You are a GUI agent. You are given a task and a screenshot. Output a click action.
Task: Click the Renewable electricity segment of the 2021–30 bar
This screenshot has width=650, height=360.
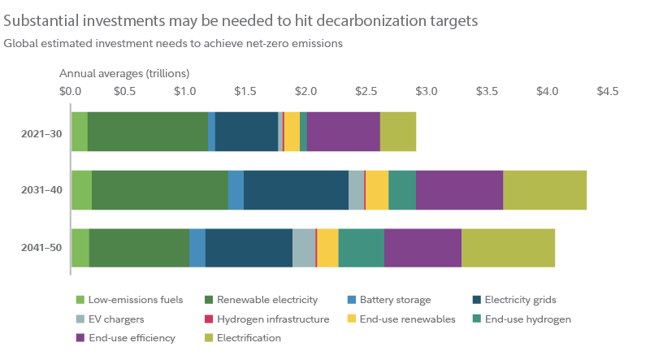point(147,132)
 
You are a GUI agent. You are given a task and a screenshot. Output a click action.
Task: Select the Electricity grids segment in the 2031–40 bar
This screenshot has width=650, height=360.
point(296,190)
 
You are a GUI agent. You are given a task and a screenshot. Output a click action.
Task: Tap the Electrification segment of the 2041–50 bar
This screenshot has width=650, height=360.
point(509,248)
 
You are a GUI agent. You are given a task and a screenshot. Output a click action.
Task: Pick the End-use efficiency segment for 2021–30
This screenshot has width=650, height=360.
point(343,132)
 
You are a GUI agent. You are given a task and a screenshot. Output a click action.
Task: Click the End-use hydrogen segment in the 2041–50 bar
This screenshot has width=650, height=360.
point(361,248)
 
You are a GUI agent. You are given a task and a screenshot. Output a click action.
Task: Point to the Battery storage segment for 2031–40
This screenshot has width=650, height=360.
point(236,190)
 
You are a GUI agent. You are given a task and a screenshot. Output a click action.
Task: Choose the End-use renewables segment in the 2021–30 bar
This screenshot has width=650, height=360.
point(292,132)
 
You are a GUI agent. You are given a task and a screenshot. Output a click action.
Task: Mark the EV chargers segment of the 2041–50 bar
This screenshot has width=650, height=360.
point(303,248)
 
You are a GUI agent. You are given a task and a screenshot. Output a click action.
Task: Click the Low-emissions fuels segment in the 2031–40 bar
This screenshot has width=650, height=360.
point(81,190)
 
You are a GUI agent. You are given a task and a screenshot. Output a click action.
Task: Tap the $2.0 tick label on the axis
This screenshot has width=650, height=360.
point(305,91)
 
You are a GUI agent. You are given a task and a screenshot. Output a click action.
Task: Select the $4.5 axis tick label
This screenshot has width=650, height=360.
point(607,91)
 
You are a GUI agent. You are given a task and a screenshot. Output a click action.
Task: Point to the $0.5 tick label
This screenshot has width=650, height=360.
point(124,91)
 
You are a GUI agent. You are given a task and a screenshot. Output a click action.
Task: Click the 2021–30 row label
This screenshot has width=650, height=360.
point(41,132)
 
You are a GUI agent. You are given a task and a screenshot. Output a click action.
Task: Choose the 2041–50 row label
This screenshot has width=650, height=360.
point(41,248)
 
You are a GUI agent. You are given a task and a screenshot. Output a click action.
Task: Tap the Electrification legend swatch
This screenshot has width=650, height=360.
point(80,337)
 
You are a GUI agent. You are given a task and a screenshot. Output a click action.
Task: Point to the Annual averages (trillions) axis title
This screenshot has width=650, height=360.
point(123,73)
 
